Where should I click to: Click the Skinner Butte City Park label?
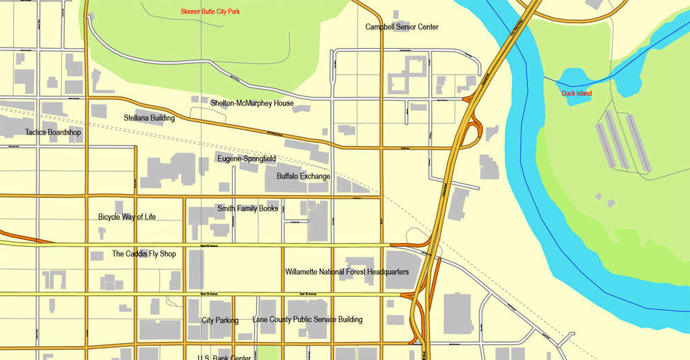215,12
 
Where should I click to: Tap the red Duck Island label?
576,93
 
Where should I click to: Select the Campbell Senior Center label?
402,27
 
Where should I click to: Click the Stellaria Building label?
149,118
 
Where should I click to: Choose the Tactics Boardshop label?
53,132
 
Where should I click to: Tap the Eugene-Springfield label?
246,159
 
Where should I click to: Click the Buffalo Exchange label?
304,177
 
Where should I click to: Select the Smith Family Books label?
248,208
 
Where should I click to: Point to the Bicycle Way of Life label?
127,217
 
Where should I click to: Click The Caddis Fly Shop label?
144,254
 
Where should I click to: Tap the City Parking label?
220,320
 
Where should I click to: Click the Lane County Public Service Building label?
307,319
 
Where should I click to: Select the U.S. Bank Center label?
224,357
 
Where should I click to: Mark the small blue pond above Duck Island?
575,78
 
